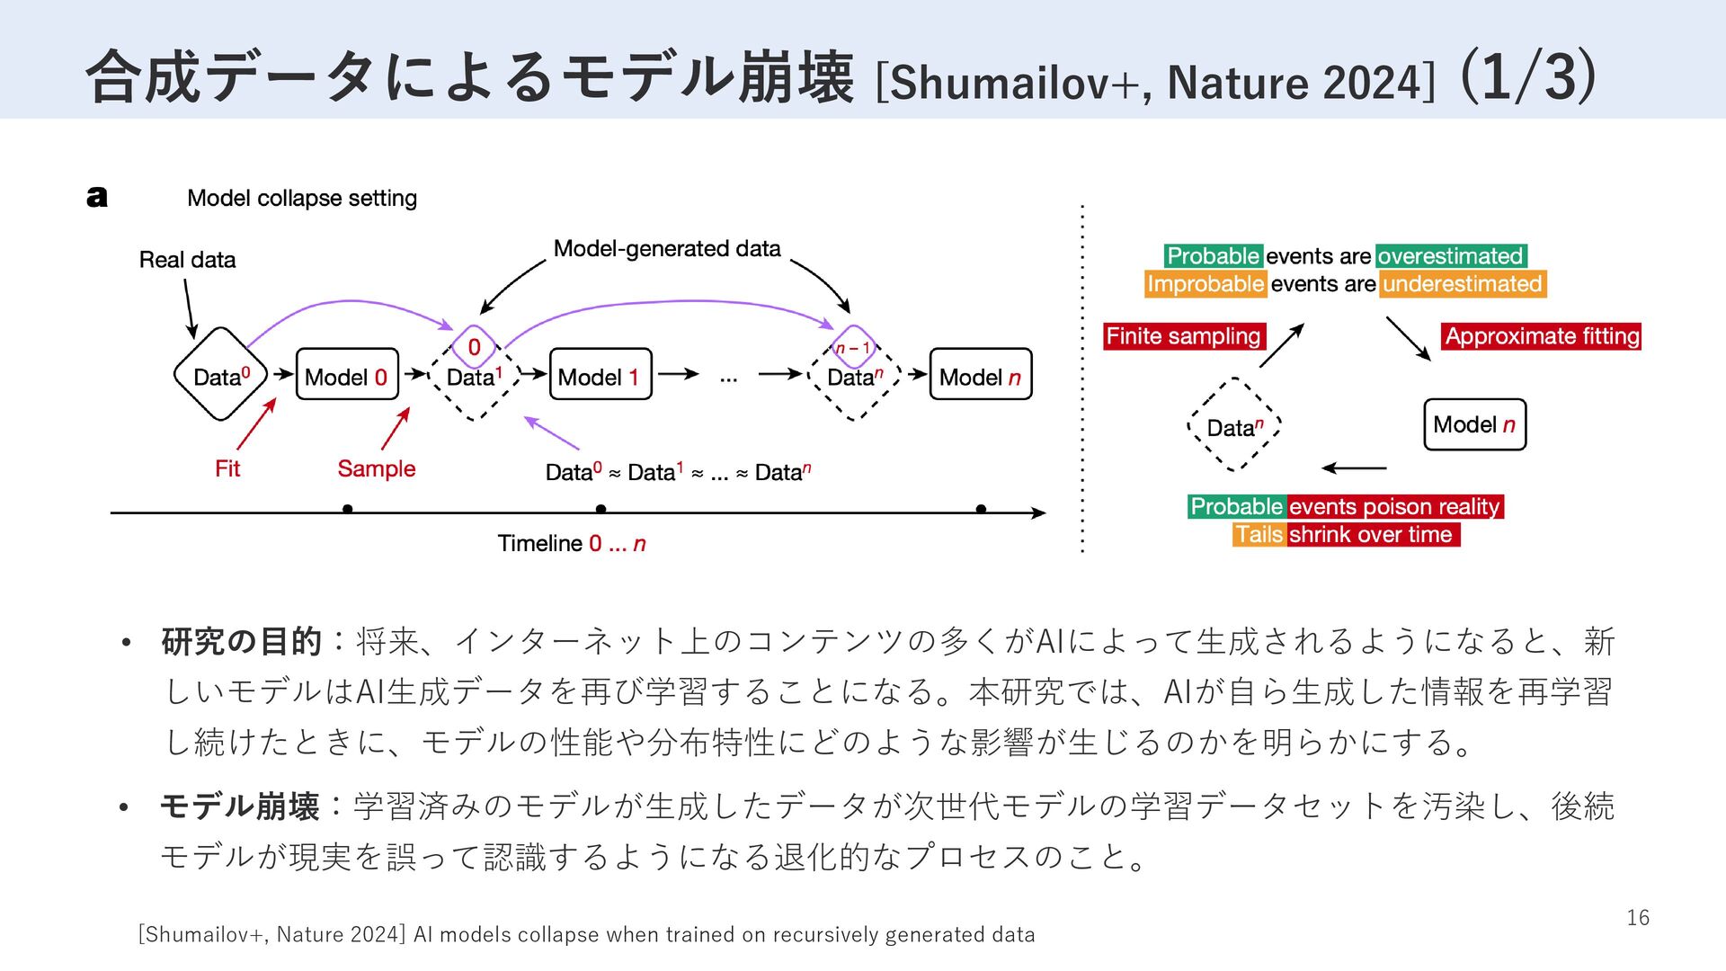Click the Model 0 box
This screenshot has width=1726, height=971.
click(x=347, y=374)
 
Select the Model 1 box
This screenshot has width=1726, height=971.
click(x=600, y=374)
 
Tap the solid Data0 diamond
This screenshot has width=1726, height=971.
click(x=220, y=374)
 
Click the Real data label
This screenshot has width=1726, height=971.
click(x=187, y=260)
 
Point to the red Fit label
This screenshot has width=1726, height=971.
click(x=227, y=468)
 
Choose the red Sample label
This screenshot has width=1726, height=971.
click(x=377, y=468)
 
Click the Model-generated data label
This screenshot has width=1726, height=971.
click(x=667, y=248)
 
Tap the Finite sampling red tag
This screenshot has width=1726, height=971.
click(x=1184, y=336)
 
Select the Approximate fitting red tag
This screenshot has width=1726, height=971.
click(x=1542, y=336)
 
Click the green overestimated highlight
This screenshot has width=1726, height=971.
click(x=1450, y=256)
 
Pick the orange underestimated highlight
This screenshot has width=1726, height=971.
click(x=1463, y=284)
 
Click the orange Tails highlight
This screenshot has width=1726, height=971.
click(x=1259, y=534)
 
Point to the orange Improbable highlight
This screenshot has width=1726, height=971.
click(x=1206, y=284)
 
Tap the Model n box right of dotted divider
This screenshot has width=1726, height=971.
click(x=1474, y=424)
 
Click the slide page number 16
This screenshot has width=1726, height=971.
click(x=1638, y=917)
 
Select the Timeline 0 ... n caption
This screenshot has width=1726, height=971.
click(x=572, y=543)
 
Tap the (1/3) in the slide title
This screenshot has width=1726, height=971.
click(x=1528, y=76)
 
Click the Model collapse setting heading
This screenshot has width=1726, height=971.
click(x=302, y=198)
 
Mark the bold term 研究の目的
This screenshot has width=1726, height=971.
click(x=241, y=641)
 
